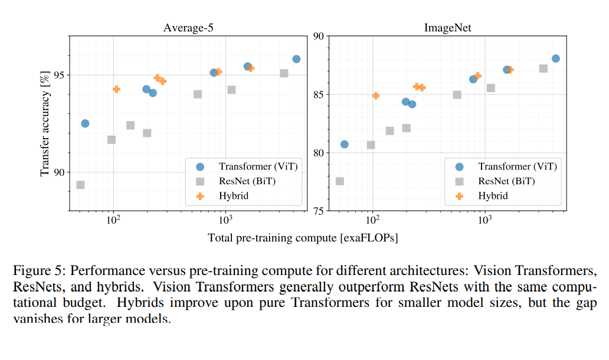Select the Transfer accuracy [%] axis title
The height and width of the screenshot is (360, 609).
tap(45, 125)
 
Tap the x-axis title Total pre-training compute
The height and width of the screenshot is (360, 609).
tap(303, 238)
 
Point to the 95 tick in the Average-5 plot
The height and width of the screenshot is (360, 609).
tap(59, 76)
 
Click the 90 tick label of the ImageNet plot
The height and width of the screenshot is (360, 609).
tap(319, 37)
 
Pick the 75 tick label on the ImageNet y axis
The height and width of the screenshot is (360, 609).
tap(319, 211)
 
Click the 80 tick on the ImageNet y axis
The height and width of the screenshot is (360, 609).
tap(319, 153)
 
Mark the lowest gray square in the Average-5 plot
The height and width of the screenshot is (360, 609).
tap(80, 185)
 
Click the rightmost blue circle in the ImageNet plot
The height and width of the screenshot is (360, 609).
tap(555, 58)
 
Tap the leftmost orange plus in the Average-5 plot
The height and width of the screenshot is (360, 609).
tap(116, 89)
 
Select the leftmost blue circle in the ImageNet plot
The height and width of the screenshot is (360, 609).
tap(345, 144)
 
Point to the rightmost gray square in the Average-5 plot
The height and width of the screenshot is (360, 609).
tap(284, 73)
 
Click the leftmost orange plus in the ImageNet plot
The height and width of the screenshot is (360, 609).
tap(376, 95)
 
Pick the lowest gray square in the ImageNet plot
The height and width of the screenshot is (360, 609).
tap(340, 181)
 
